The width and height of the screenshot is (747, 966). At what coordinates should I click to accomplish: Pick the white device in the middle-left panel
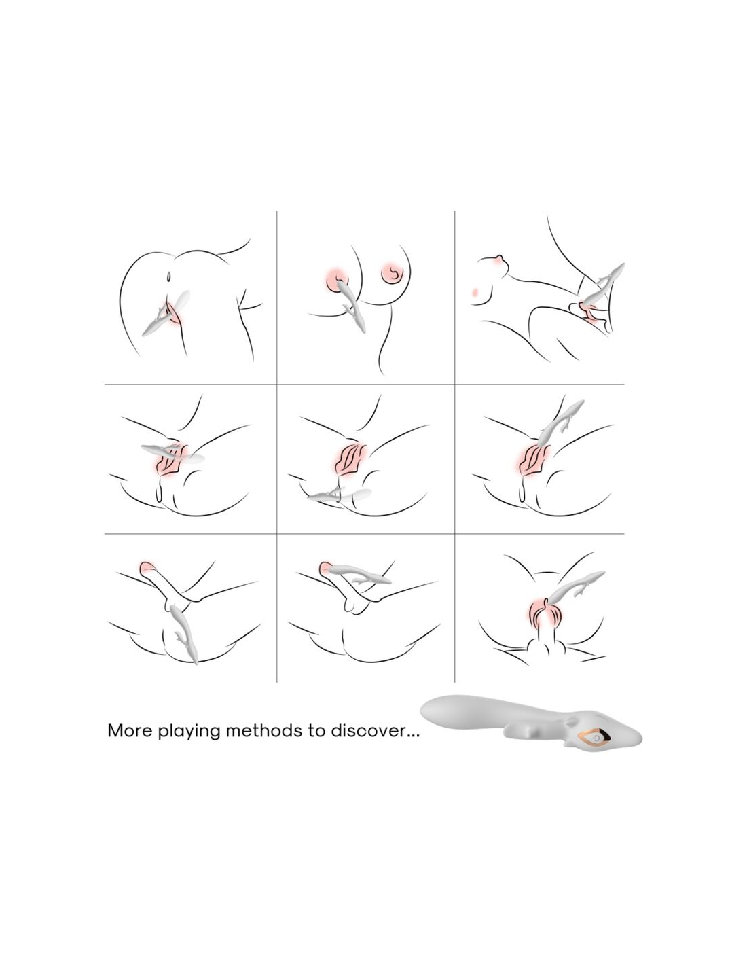point(172,453)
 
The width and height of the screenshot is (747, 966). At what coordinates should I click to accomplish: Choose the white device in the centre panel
point(339,495)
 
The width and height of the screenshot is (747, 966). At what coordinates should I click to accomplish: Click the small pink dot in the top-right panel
point(475,292)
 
